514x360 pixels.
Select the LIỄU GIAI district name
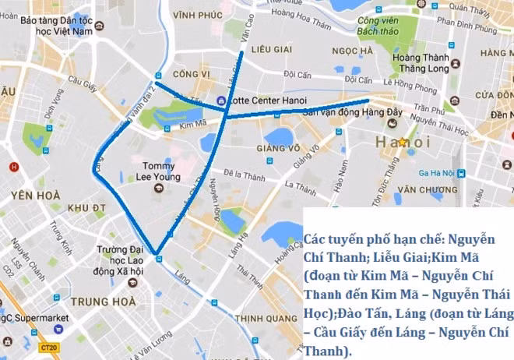tap(271, 49)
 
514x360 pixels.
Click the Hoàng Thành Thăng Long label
tap(420, 62)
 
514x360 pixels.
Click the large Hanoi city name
tap(402, 142)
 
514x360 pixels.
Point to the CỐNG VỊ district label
tap(192, 74)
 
